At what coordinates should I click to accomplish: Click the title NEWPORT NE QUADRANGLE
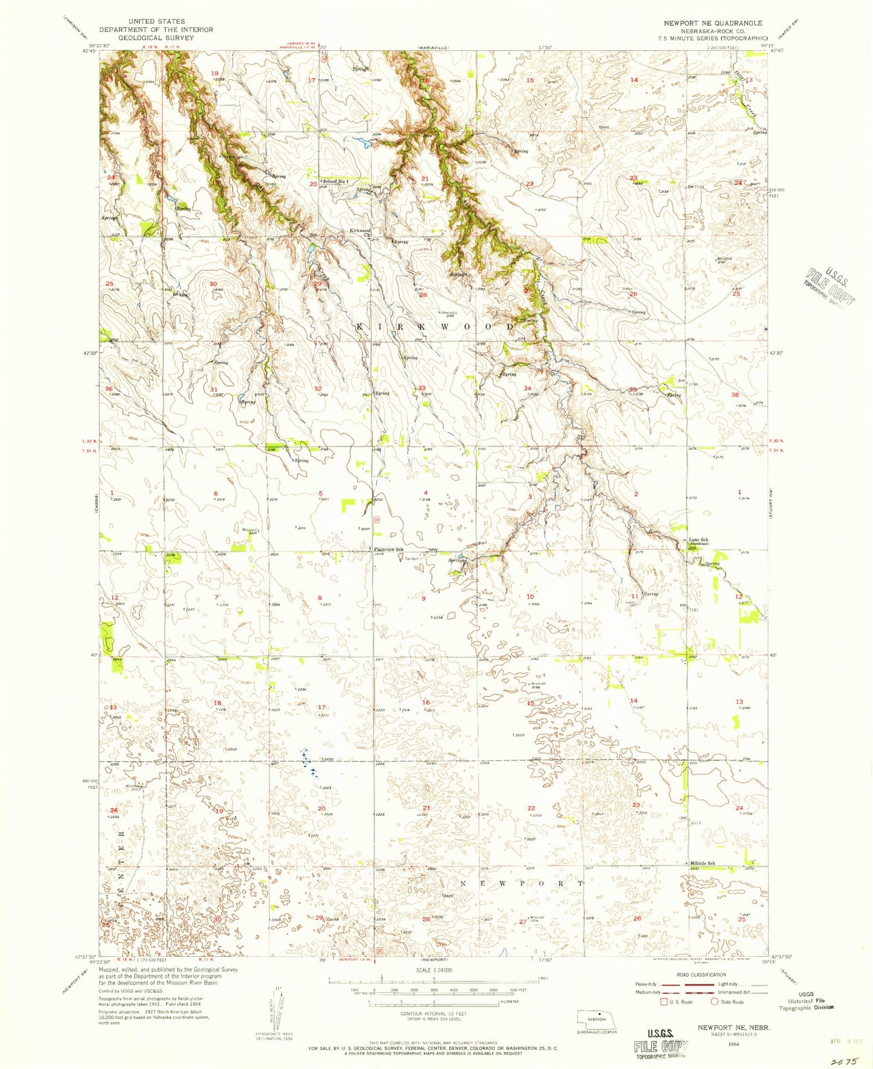click(x=712, y=23)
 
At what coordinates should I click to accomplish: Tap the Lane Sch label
click(x=698, y=539)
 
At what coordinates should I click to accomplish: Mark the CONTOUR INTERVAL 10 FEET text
click(x=430, y=1013)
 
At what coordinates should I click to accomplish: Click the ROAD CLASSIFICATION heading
click(x=701, y=974)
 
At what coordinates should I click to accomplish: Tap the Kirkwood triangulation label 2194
click(x=446, y=313)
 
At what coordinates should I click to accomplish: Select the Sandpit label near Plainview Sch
click(x=411, y=558)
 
